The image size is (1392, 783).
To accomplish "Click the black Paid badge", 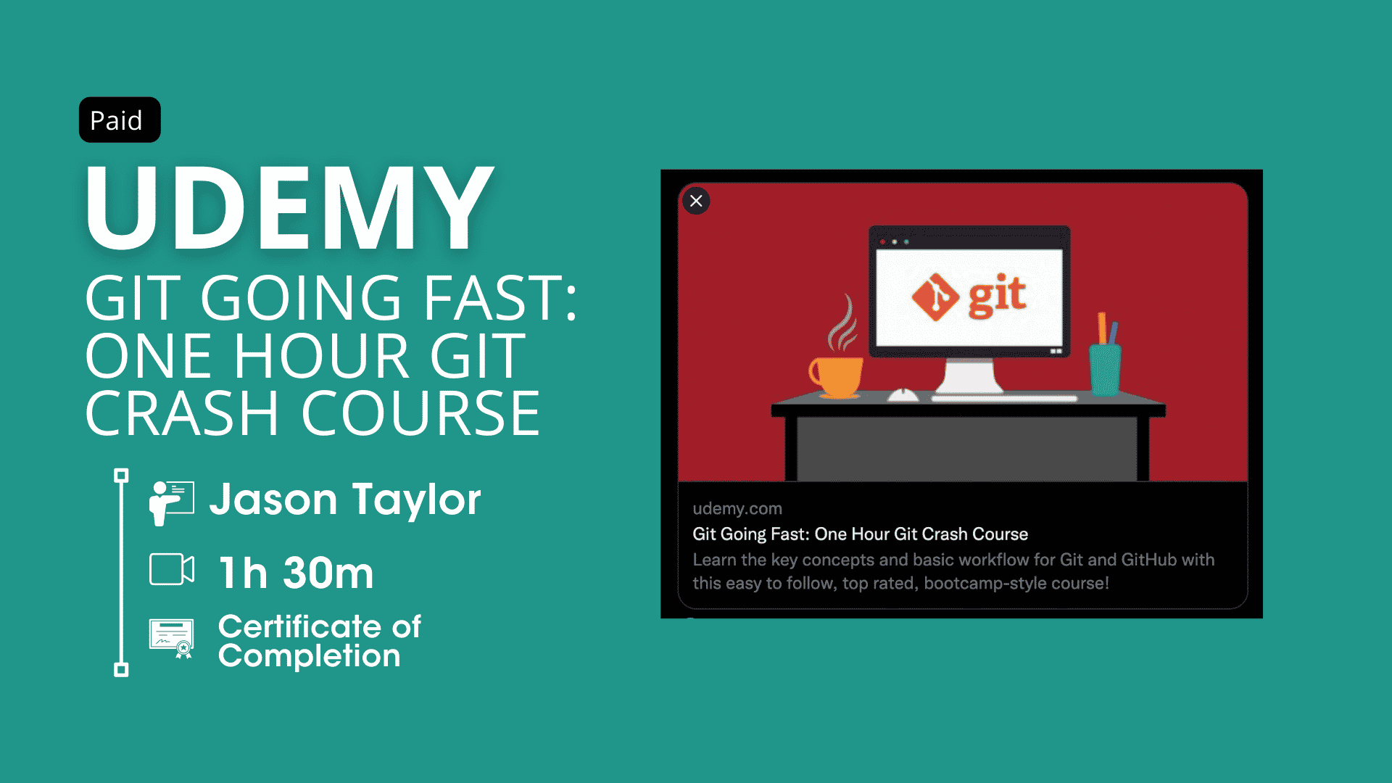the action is [x=120, y=120].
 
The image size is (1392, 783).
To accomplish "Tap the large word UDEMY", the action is [x=289, y=208].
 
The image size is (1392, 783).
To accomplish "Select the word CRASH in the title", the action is [x=182, y=413].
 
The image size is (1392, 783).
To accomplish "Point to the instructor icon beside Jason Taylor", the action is [x=172, y=502].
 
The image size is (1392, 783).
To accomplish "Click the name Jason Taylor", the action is [x=345, y=500].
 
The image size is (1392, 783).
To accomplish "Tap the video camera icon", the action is [x=172, y=569].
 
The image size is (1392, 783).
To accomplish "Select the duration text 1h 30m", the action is [x=297, y=573].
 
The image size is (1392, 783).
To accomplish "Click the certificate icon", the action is [x=172, y=638].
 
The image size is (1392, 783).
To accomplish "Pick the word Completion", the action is [x=310, y=656].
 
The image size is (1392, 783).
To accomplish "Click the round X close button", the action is [x=696, y=201].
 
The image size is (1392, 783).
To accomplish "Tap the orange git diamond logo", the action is [x=935, y=297].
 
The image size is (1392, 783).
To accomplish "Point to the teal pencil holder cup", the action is [x=1106, y=370].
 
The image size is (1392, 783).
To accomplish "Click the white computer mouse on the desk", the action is [x=903, y=395].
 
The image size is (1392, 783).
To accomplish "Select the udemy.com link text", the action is [x=737, y=508].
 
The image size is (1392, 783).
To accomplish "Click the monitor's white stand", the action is [x=969, y=376].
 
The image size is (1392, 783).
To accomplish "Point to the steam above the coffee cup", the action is [x=842, y=324].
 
